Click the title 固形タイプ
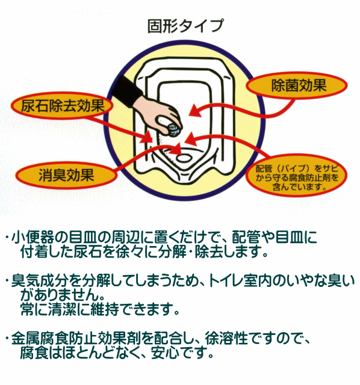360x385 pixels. click(x=185, y=26)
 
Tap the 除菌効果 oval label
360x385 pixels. click(x=297, y=85)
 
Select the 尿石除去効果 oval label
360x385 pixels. click(x=62, y=106)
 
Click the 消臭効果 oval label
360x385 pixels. click(x=66, y=175)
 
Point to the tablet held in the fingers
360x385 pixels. click(x=174, y=129)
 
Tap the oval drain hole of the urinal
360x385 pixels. click(x=184, y=158)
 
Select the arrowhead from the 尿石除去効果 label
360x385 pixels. click(x=148, y=137)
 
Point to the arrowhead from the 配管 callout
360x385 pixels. click(x=191, y=139)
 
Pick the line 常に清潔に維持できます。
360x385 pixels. click(x=100, y=309)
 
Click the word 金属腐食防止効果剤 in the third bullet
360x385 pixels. click(x=76, y=339)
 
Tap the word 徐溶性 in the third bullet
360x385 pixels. click(x=226, y=338)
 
